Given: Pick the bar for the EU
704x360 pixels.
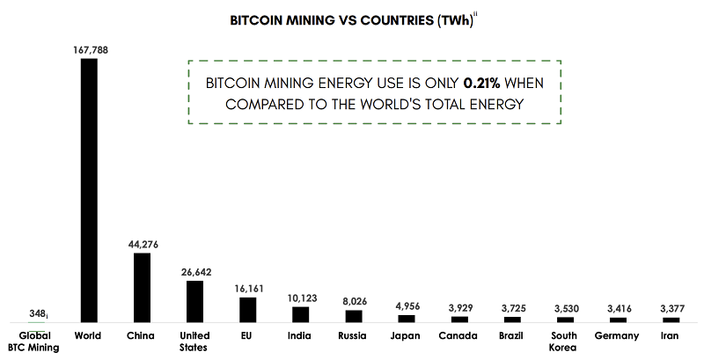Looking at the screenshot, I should point(247,309).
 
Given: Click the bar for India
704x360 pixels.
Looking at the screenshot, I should point(301,314).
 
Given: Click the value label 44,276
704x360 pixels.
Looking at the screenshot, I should point(142,244).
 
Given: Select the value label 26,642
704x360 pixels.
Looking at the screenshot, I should point(194,272).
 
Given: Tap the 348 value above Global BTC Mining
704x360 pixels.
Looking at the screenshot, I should point(36,314).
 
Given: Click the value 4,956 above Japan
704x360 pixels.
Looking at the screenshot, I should point(407,306).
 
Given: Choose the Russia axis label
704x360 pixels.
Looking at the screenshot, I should point(354,335).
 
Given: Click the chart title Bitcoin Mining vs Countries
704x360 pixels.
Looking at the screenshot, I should point(351,20).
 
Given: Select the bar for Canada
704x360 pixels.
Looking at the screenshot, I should point(459,319).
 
